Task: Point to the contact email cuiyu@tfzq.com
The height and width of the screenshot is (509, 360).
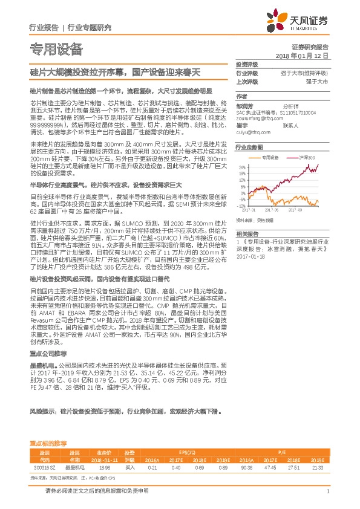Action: pos(252,131)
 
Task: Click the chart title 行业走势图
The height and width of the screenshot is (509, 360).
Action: pos(249,147)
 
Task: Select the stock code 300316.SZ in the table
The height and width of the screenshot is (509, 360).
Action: pos(47,467)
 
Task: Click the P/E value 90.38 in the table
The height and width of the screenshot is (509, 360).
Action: pos(247,467)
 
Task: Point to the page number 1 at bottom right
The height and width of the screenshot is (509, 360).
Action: pos(327,491)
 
